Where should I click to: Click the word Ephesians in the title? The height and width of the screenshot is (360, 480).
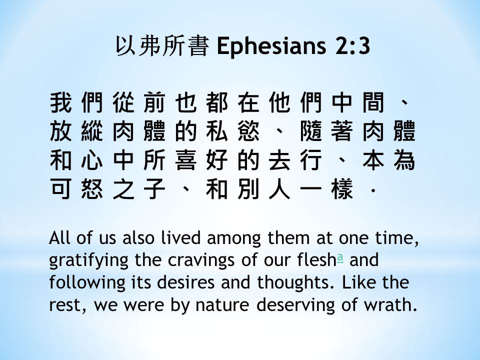271,46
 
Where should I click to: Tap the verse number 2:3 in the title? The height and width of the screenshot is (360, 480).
352,46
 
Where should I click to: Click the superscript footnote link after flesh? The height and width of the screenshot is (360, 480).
340,258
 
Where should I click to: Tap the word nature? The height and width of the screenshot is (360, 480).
222,305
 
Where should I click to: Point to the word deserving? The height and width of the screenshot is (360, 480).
295,305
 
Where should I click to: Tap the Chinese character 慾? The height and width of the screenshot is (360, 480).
248,131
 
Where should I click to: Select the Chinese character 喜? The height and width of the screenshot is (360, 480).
186,160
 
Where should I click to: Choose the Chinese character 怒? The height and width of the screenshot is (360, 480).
92,188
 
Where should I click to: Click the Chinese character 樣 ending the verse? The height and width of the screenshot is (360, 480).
342,188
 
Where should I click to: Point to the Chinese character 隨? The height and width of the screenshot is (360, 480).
311,131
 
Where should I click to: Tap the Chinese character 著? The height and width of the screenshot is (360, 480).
342,131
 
